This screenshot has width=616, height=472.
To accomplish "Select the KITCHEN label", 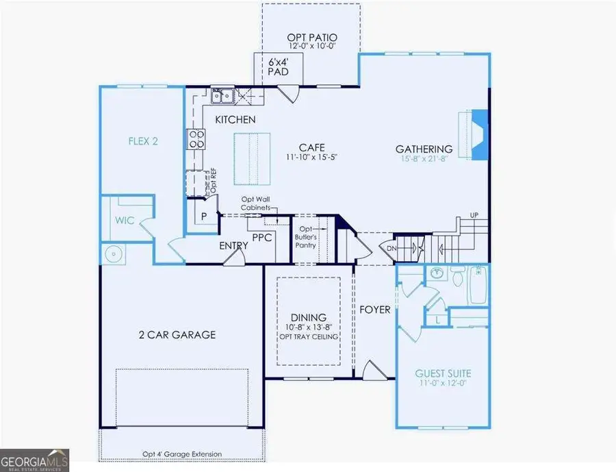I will [235, 120].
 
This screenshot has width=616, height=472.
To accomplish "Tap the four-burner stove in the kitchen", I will [196, 139].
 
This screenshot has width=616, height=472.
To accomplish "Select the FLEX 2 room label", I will [144, 142].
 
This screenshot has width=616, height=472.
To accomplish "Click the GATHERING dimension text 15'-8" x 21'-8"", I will [424, 160].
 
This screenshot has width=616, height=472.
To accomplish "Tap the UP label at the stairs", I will [473, 216].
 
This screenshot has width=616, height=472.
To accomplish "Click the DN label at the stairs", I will [392, 248].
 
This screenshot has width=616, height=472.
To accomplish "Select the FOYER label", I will [375, 310].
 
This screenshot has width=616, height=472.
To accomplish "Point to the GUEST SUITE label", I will [443, 373].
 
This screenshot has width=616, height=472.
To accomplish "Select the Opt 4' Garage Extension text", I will [181, 454].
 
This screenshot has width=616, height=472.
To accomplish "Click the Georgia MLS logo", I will [34, 458].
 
